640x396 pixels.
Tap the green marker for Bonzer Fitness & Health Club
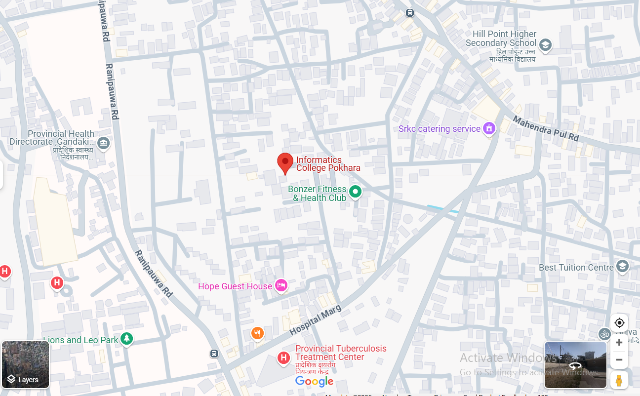[355, 192]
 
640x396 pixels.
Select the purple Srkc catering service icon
[489, 128]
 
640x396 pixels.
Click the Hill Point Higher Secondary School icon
[545, 46]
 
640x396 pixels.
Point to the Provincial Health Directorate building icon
[103, 143]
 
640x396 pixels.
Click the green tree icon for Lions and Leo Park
[127, 339]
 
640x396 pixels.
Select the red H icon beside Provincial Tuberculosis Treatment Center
[283, 357]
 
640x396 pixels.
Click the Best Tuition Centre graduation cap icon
[622, 267]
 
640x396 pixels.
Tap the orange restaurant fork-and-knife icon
[257, 333]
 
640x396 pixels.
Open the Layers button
[25, 364]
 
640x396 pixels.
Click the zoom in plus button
[619, 342]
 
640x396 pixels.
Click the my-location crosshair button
[619, 323]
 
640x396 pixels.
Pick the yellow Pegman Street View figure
[619, 380]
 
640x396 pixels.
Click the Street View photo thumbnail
[575, 365]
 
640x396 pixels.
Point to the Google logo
[314, 381]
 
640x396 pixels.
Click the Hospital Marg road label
[315, 319]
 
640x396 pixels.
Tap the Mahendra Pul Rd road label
[545, 128]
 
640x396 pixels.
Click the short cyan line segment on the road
[442, 209]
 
